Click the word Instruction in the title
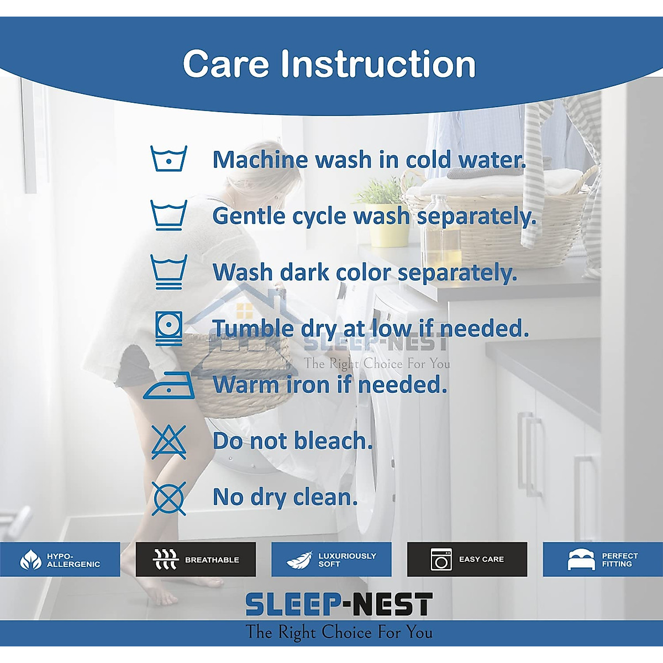coord(378,64)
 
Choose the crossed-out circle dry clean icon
coord(169,498)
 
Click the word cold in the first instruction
coord(428,160)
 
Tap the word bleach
coord(333,441)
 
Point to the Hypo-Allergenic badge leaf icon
coord(30,560)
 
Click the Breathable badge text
coord(212,560)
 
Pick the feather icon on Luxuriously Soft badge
coord(299,560)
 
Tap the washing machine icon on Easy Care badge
coord(441,560)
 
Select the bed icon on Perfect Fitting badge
coord(581,560)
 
